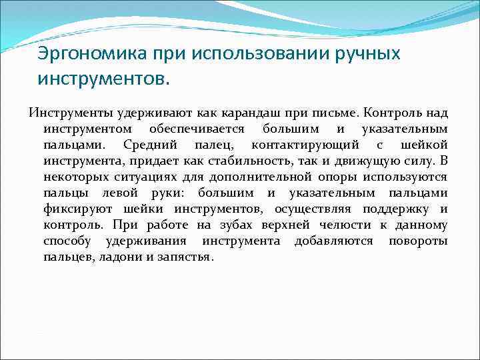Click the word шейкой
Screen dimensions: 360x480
point(424,144)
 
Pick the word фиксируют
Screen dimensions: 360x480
point(75,209)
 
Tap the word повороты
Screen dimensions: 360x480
point(418,241)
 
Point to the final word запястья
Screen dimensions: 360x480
point(184,257)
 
